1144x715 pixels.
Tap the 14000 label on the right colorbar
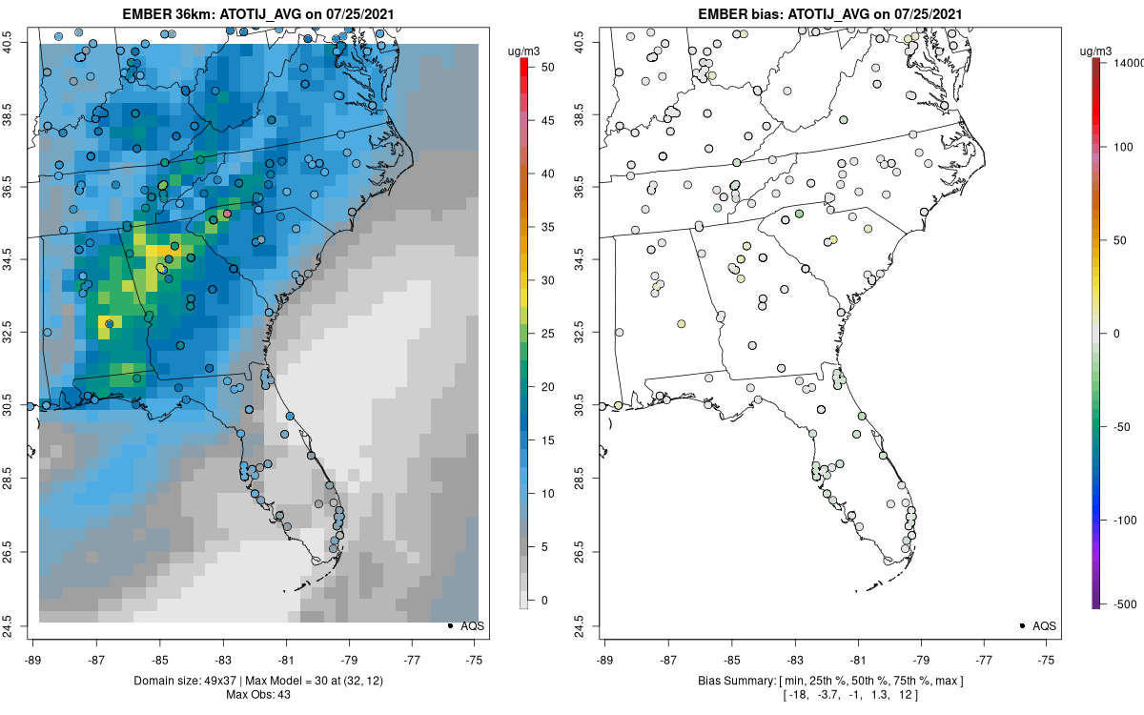coord(1128,62)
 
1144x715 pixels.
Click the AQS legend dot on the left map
coord(449,625)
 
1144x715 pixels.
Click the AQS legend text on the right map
coord(1044,625)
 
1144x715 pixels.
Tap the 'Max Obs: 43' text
coord(256,694)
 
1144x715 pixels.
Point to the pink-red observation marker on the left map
coord(227,214)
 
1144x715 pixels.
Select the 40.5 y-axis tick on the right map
coord(591,43)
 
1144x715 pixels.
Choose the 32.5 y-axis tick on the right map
coord(591,333)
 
